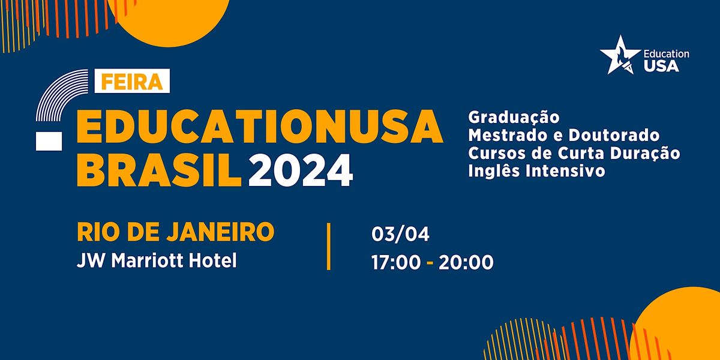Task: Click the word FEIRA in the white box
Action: [x=132, y=82]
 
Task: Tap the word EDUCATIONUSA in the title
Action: [x=260, y=127]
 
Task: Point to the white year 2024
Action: [x=301, y=170]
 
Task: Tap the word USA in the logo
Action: [x=661, y=66]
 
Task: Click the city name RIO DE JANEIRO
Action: [x=176, y=232]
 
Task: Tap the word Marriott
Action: [x=150, y=260]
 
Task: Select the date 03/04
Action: [x=400, y=234]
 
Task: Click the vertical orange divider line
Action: [x=328, y=247]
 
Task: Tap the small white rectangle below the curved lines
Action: [x=49, y=140]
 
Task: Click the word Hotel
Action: [x=214, y=260]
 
